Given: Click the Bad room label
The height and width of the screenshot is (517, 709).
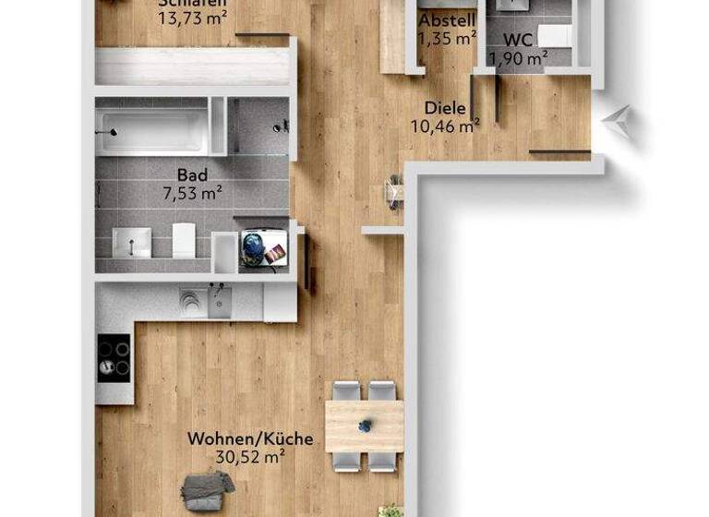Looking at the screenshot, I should (192, 174).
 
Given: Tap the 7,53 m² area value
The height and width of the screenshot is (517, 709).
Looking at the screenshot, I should (192, 193).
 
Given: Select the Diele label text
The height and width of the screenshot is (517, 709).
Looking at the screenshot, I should (445, 108).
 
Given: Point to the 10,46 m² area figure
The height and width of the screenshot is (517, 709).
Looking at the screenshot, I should (445, 126).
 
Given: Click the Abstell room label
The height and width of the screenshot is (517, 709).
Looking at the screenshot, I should (447, 20).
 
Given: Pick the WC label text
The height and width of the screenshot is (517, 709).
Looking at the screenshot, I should (518, 41).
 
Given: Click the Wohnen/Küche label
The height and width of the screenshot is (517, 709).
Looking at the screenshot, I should (250, 439).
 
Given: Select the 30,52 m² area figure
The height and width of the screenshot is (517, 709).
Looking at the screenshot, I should (250, 456).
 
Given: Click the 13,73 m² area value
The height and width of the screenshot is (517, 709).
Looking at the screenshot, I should (192, 17).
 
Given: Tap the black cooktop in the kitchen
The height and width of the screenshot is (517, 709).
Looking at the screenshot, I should (114, 356).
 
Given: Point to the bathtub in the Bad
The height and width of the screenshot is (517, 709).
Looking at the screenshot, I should (152, 131).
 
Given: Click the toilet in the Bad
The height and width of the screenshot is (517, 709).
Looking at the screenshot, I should (184, 240).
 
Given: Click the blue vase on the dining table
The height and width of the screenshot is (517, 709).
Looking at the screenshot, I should (366, 426).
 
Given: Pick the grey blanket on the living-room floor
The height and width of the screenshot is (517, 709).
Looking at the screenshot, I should (207, 489).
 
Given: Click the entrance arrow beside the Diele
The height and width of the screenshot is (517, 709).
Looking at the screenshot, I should (618, 120).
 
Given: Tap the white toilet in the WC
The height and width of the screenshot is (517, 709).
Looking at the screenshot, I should (556, 35).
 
